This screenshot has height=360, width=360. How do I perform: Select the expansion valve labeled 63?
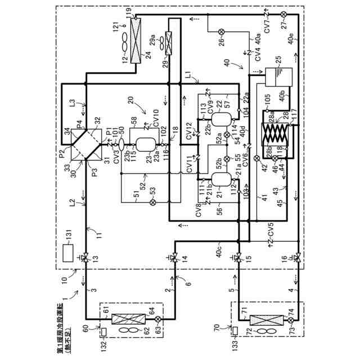coord(157,319)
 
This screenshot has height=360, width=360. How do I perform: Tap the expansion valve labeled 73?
coord(290,319)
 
